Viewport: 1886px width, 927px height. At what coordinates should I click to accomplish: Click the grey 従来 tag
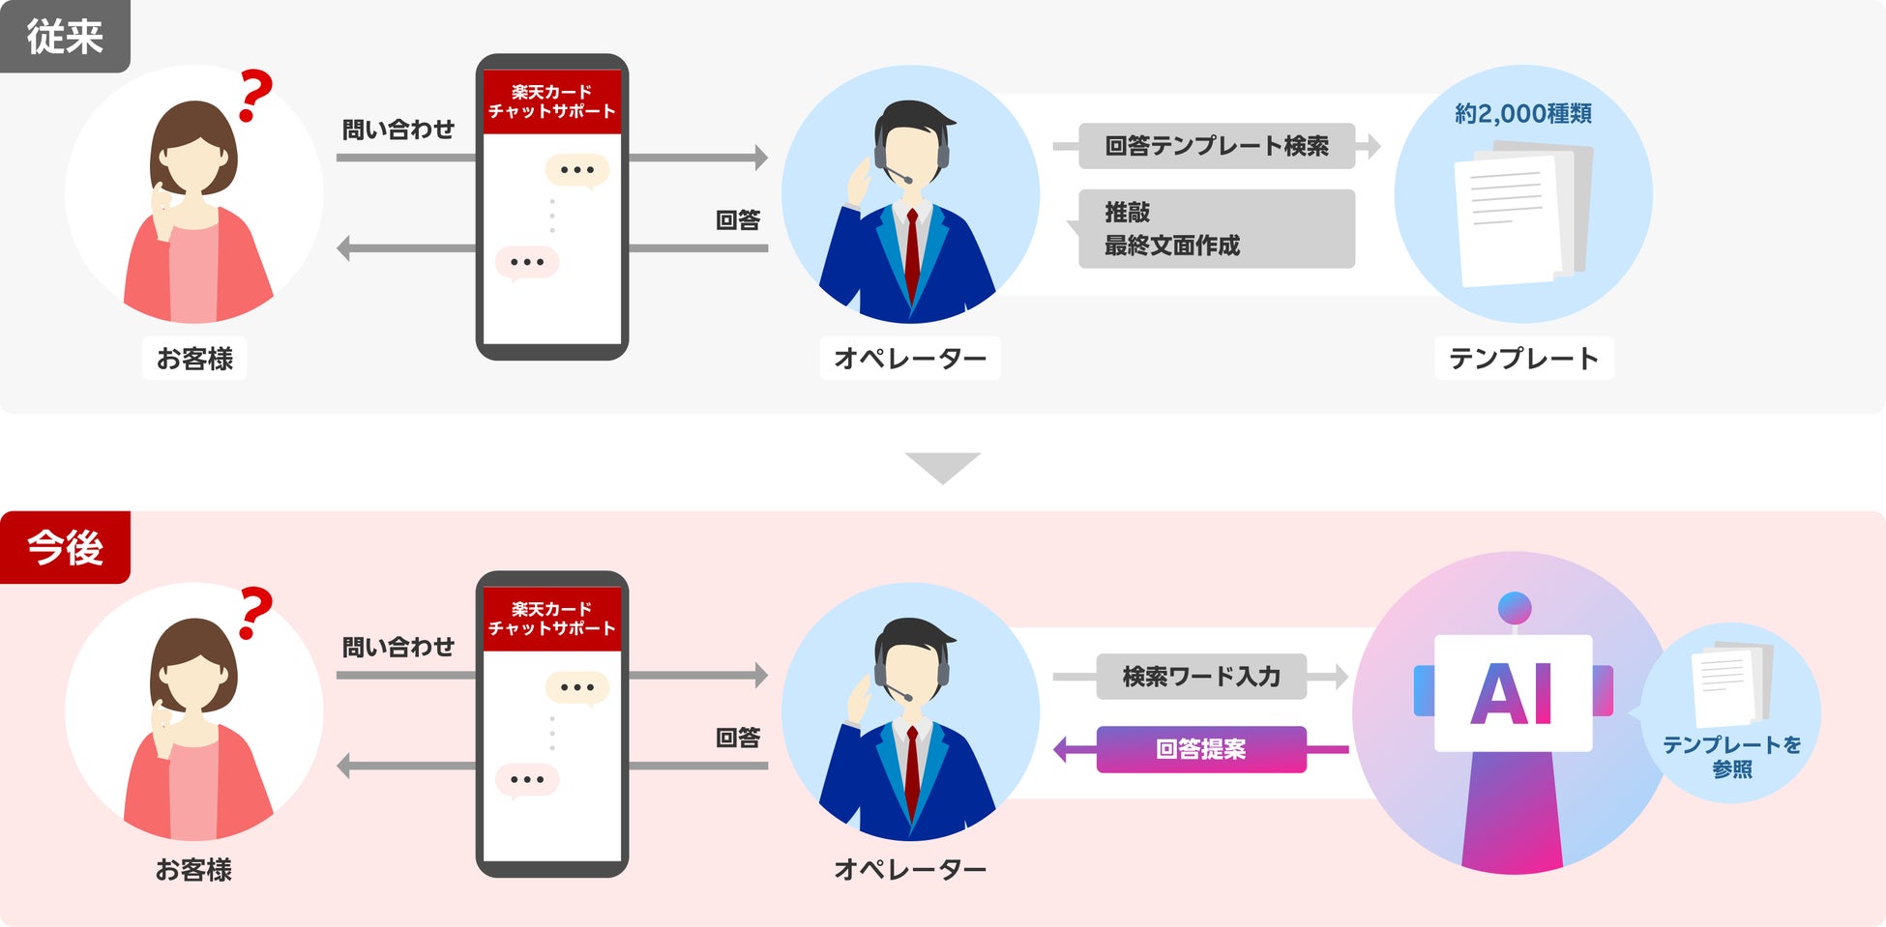(65, 37)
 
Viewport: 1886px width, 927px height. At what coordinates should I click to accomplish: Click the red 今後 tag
(65, 548)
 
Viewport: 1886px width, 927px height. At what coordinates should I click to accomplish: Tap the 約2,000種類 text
(1523, 114)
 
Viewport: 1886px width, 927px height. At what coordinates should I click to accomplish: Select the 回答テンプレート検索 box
(1217, 146)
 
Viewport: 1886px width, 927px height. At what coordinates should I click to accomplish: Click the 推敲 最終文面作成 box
(1217, 229)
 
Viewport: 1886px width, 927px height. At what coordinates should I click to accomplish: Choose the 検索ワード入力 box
(1201, 677)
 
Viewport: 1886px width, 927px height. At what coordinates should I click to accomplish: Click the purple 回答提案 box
(1201, 749)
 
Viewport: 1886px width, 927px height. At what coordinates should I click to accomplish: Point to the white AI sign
(1514, 693)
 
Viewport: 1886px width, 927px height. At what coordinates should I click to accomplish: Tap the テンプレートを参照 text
(1731, 757)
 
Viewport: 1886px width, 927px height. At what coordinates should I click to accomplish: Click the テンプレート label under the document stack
(1524, 359)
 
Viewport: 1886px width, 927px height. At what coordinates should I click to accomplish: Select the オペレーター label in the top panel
(910, 359)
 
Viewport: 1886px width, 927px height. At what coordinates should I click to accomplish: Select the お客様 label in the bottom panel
(193, 870)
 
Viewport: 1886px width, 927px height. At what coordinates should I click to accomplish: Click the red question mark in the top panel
(255, 95)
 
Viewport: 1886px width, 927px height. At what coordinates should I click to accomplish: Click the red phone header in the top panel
(552, 101)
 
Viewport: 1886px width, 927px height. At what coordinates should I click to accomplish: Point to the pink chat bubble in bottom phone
(527, 780)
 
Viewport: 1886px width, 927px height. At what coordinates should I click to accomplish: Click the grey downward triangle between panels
(943, 466)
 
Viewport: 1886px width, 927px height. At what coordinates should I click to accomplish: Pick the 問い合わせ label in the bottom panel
(398, 647)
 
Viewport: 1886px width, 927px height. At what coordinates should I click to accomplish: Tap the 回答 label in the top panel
(738, 220)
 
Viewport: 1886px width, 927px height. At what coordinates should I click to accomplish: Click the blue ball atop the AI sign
(1514, 608)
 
